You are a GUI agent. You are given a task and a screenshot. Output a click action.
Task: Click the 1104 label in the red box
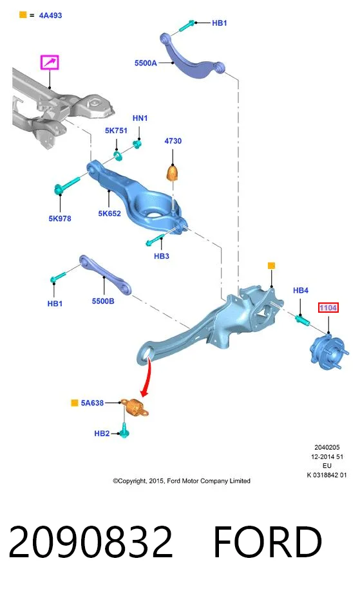[x=328, y=308]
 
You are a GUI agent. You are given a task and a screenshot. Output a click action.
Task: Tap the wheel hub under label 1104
[x=328, y=352]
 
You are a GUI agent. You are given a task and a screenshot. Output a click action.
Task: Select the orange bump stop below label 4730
[x=173, y=173]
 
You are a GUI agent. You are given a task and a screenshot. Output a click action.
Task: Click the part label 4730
[x=173, y=141]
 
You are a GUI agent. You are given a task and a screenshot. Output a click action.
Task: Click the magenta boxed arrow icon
[x=50, y=62]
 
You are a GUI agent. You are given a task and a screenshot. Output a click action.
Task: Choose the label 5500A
[x=146, y=63]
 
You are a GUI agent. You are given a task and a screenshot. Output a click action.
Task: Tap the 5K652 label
[x=109, y=214]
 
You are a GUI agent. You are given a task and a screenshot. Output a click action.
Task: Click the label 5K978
[x=60, y=218]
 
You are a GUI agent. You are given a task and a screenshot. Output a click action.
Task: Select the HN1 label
[x=140, y=118]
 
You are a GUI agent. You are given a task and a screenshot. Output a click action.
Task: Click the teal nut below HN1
[x=138, y=144]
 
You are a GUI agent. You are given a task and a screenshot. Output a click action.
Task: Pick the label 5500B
[x=103, y=301]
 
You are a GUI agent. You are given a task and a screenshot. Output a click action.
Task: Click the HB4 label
[x=301, y=290]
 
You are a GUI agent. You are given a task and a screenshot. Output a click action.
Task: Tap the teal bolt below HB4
[x=302, y=320]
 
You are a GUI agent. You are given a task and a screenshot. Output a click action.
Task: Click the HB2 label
[x=102, y=434]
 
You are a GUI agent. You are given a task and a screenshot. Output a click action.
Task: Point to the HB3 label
[x=162, y=256]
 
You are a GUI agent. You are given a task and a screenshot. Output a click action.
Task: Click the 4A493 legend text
[x=51, y=15]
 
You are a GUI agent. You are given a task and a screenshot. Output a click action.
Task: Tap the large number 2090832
[x=91, y=541]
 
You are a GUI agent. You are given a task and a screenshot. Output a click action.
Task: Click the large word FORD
[x=267, y=541]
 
